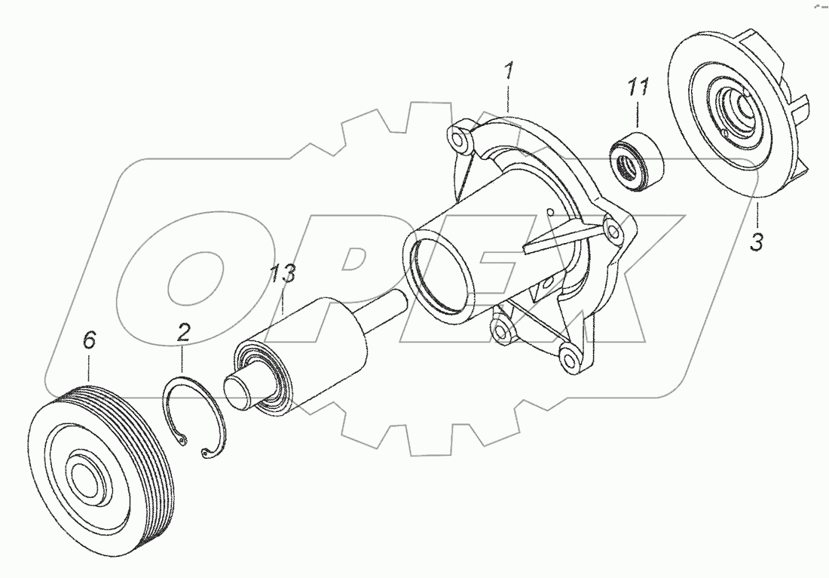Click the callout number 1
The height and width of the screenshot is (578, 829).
pyautogui.click(x=509, y=74)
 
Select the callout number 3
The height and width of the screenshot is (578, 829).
pyautogui.click(x=757, y=242)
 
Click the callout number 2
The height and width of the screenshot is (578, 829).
pyautogui.click(x=182, y=333)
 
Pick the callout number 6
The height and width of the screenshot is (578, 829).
pyautogui.click(x=89, y=341)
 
